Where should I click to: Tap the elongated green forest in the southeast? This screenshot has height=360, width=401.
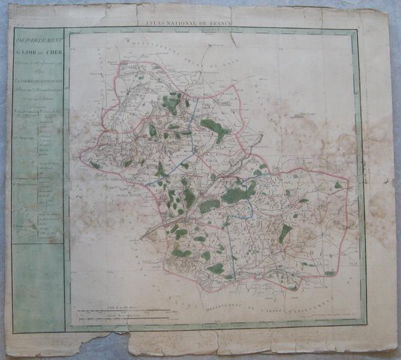point(285,233)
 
